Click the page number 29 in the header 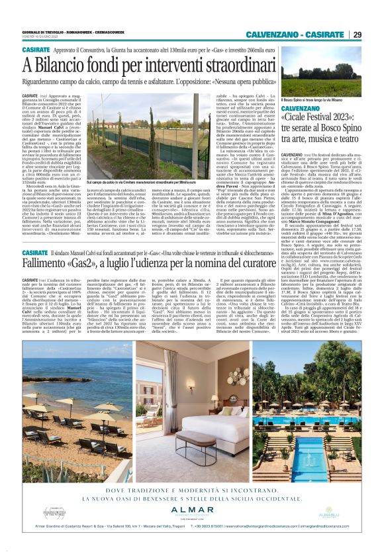pyautogui.click(x=356, y=34)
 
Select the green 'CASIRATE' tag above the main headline pyautogui.click(x=37, y=49)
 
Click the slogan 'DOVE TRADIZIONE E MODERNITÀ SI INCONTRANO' pyautogui.click(x=192, y=489)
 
